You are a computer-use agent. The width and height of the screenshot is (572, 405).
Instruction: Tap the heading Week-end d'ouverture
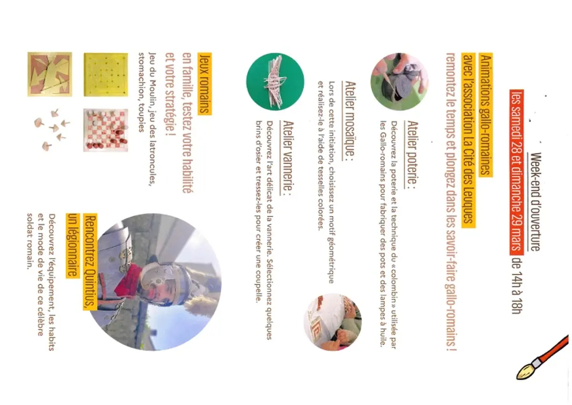click(x=535, y=202)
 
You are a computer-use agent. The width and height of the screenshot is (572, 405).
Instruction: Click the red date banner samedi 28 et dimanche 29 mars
click(x=517, y=172)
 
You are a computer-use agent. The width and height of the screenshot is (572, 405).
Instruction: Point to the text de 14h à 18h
click(x=517, y=286)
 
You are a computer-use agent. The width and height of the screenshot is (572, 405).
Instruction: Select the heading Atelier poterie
click(x=411, y=155)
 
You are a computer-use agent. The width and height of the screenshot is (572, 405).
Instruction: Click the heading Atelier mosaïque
click(x=349, y=121)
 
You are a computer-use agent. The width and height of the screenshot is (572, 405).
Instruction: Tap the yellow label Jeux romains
click(x=204, y=84)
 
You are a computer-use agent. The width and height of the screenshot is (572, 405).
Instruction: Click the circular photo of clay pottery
click(x=399, y=82)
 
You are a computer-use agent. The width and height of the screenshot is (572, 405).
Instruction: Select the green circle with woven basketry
click(x=276, y=82)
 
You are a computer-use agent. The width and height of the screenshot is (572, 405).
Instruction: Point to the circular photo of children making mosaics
click(x=333, y=322)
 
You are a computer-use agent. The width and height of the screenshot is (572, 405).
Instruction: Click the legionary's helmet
click(x=163, y=284)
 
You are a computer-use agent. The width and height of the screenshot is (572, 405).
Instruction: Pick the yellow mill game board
click(x=106, y=74)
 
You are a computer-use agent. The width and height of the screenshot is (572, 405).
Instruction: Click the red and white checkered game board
click(x=106, y=130)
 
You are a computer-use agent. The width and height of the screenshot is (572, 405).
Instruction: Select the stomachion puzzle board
click(x=50, y=74)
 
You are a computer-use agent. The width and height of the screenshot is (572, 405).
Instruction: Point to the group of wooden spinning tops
click(x=52, y=130)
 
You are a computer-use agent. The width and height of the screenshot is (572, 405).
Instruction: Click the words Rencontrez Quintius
click(x=90, y=262)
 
